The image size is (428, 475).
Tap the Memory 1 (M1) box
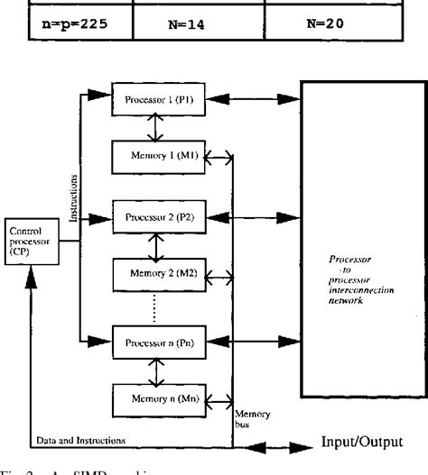pyautogui.click(x=157, y=157)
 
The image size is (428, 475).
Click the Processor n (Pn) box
pyautogui.click(x=157, y=342)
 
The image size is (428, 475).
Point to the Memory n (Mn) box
pyautogui.click(x=157, y=397)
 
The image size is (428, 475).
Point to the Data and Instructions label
pyautogui.click(x=82, y=440)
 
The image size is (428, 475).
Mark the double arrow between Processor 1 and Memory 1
pyautogui.click(x=158, y=128)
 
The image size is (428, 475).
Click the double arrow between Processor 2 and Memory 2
pyautogui.click(x=158, y=245)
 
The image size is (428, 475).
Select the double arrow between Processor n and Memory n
pyautogui.click(x=158, y=370)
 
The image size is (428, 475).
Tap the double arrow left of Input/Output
pyautogui.click(x=280, y=445)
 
